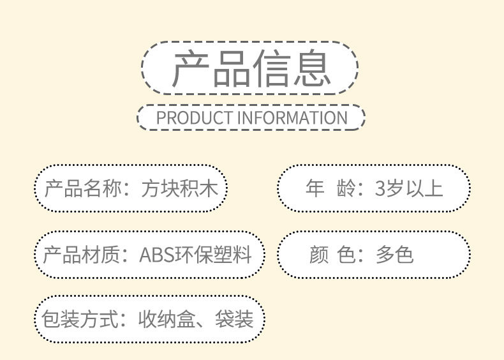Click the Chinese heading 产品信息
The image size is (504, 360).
pos(251,68)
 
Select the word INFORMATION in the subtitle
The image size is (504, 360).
pos(293,118)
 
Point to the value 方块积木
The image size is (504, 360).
pos(181,189)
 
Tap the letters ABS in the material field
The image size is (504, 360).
pos(158,255)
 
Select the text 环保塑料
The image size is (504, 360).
pos(216,255)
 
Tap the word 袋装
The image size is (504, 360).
pos(234,319)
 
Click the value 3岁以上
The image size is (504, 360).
pos(409,188)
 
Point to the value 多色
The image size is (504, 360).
pos(394,255)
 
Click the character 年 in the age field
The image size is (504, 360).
pos(315,188)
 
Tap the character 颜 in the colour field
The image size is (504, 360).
pos(318,255)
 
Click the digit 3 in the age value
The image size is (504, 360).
pos(381,188)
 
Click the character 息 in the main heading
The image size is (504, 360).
pos(311,68)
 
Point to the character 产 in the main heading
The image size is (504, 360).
pos(191,68)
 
